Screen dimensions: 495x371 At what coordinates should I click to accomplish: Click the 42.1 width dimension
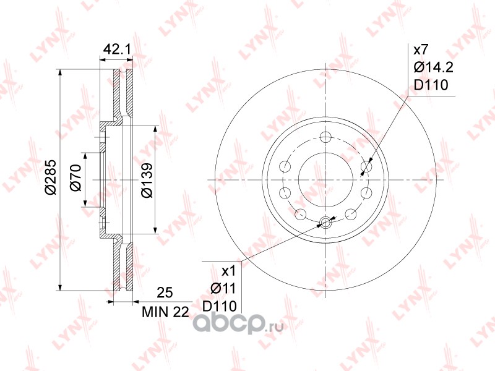coord(117,49)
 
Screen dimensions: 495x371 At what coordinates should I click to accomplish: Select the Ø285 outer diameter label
coord(51,177)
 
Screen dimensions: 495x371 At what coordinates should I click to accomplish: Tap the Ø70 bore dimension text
coord(75,177)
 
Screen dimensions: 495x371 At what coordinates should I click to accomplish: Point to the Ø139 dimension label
coord(147,181)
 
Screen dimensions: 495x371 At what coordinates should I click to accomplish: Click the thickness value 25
coord(165,292)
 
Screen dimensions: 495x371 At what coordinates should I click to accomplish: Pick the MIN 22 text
coord(165,312)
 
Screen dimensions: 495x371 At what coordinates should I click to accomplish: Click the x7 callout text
coord(421,49)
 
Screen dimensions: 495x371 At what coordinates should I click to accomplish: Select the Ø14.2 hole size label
coord(434,67)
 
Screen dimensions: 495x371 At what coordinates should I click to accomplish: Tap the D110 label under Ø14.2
coord(431,85)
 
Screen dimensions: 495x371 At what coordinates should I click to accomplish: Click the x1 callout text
coord(229,271)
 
